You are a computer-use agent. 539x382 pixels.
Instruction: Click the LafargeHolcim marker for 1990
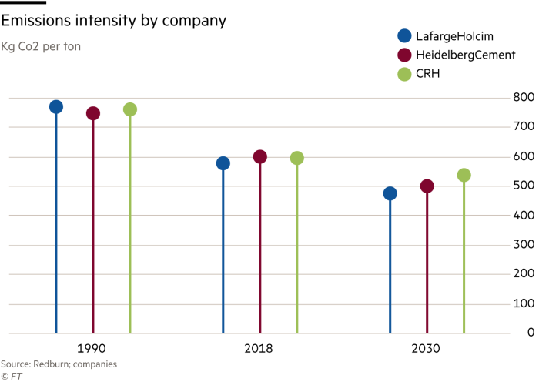point(56,107)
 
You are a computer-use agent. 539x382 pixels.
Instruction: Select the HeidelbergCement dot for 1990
point(93,113)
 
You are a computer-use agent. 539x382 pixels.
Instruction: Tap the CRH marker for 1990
point(130,109)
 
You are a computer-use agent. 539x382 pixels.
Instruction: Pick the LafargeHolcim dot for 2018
point(223,163)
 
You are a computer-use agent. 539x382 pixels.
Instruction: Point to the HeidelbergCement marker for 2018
point(260,156)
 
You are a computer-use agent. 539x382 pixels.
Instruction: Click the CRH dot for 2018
point(297,158)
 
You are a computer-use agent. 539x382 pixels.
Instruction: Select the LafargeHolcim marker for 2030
point(390,193)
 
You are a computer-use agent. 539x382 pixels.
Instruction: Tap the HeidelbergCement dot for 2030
point(427,186)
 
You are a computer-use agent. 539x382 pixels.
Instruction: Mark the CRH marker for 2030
point(464,176)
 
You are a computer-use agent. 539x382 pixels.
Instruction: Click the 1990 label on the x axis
point(92,348)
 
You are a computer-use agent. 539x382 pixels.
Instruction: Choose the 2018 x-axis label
point(259,348)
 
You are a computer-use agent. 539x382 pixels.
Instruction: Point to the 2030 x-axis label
point(427,348)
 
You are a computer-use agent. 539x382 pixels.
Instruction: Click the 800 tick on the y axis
point(524,98)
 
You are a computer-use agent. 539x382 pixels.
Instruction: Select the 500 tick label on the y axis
point(524,186)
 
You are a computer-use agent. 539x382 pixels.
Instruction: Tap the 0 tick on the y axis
point(531,332)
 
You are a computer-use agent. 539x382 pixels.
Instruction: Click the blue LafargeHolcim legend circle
point(404,35)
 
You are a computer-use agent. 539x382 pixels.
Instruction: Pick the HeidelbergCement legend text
point(465,55)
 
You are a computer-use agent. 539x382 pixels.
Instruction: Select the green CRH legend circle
point(404,74)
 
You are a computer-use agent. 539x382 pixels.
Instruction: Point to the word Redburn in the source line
point(53,364)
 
